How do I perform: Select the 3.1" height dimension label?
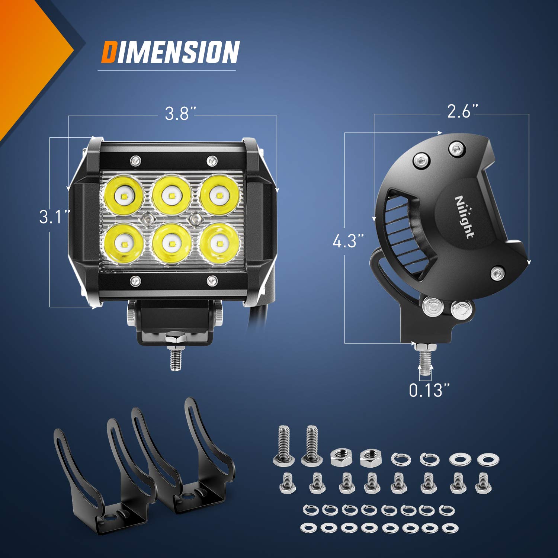[54, 217]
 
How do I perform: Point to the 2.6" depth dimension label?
[462, 111]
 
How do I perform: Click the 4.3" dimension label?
[348, 241]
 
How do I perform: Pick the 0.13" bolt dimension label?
[430, 390]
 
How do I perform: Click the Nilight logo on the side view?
[465, 217]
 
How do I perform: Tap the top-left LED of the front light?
[123, 195]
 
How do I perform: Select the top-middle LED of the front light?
[171, 195]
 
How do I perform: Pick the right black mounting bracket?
[186, 458]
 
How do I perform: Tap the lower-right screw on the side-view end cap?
[497, 273]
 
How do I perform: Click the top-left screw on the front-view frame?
[135, 161]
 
